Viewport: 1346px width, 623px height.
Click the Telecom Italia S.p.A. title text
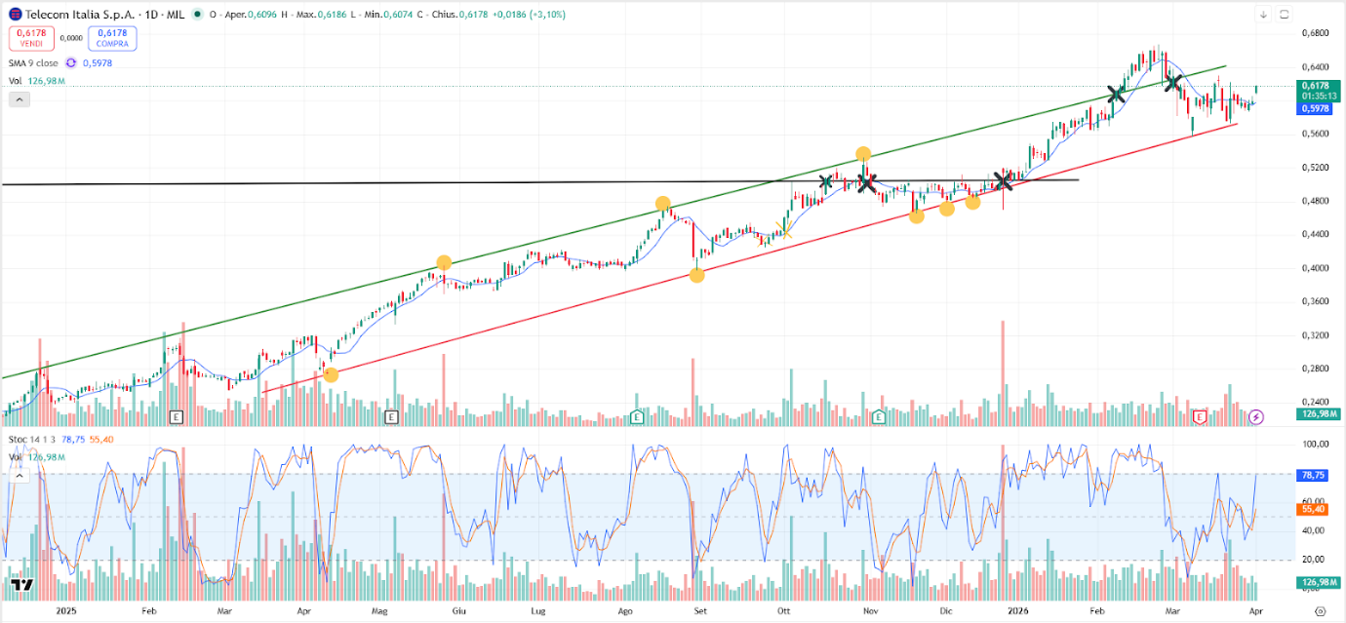[x=79, y=15]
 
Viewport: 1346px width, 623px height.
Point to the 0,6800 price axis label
[x=1315, y=33]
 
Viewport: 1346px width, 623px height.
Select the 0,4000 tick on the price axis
[x=1315, y=268]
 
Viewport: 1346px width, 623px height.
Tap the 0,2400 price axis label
[x=1315, y=402]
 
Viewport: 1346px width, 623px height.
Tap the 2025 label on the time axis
[x=66, y=611]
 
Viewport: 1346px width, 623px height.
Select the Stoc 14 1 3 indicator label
[x=31, y=440]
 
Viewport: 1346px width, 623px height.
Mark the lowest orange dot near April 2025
[x=331, y=374]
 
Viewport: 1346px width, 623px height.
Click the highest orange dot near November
[x=863, y=154]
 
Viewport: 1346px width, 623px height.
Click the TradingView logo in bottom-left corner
[x=21, y=586]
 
